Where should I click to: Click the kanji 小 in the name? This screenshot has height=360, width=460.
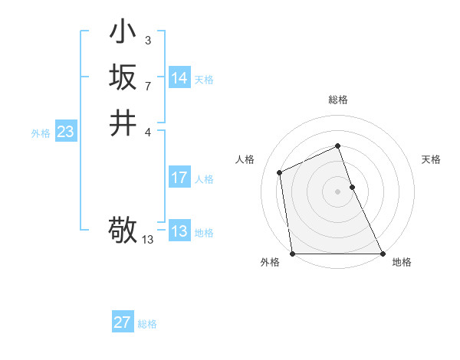(123, 32)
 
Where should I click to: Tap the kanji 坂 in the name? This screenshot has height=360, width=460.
(123, 77)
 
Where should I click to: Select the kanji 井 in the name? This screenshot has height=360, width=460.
(123, 123)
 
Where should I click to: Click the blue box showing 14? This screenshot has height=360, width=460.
(179, 78)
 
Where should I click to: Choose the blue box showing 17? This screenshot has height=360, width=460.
(179, 178)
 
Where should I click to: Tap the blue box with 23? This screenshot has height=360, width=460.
(66, 132)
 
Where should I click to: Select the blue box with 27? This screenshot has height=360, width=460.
(123, 322)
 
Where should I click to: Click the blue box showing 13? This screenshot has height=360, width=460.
(179, 231)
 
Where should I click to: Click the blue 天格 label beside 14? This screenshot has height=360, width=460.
(204, 80)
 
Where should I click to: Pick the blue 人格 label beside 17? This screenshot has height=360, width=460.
(204, 179)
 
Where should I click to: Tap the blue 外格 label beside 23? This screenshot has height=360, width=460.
(41, 133)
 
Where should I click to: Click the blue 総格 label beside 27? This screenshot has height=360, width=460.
(147, 324)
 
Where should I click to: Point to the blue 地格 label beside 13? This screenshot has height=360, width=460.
(204, 233)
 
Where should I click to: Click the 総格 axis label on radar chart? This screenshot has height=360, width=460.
(338, 100)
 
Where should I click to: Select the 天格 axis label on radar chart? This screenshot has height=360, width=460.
(432, 159)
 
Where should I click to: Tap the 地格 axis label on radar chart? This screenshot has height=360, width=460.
(402, 262)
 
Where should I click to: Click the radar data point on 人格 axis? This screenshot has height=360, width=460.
(280, 172)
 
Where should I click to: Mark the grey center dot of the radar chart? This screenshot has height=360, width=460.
(338, 191)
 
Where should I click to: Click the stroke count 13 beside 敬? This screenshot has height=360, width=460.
(148, 240)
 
